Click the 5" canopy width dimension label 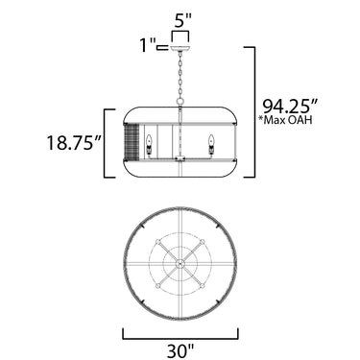click(181, 21)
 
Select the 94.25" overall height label click(290, 106)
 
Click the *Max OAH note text click(286, 120)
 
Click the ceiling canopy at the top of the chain click(180, 48)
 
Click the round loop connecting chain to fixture click(180, 102)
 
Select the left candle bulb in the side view click(149, 146)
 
